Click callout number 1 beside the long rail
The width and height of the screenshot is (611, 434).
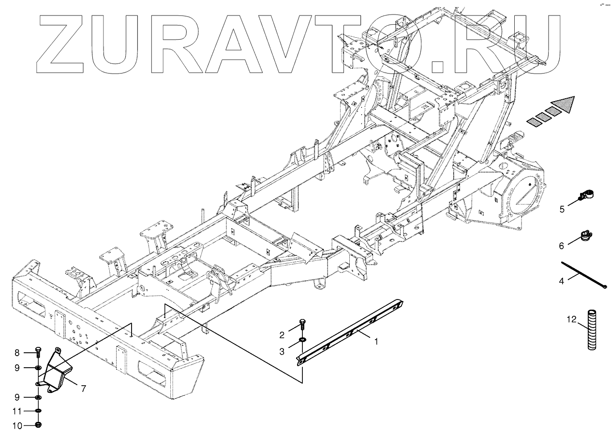pos(375,341)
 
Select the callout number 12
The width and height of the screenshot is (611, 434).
pos(572,319)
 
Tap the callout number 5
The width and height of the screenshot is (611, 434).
pos(562,209)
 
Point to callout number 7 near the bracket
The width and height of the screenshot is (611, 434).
pos(83,388)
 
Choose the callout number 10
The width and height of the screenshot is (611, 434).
pos(16,426)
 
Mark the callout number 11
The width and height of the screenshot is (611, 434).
pos(16,412)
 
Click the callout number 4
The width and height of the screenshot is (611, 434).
pos(561,281)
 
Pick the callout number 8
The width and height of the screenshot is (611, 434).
pos(16,353)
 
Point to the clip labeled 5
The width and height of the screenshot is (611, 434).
pos(587,196)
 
